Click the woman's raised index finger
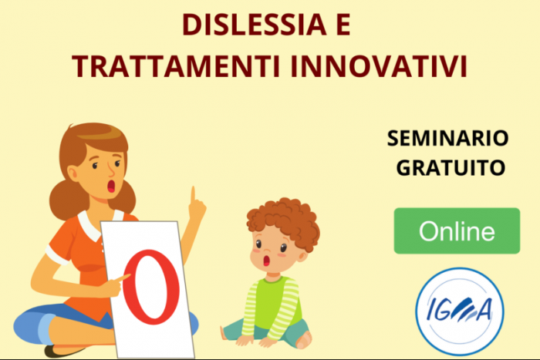[193, 196]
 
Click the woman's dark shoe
[62, 352]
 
